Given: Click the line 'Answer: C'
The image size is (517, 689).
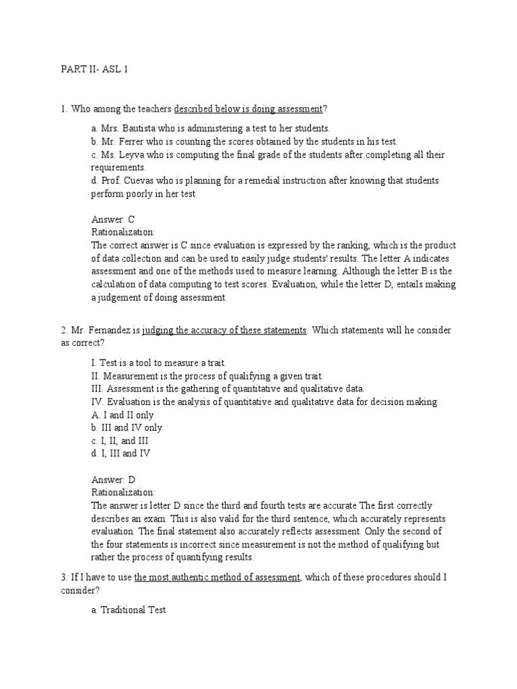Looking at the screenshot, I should point(113,219).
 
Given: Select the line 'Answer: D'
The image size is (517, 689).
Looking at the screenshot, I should point(113,480).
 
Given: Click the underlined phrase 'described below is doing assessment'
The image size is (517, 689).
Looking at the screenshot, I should point(248,109).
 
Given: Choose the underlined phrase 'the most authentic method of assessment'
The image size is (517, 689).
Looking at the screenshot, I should point(217,577).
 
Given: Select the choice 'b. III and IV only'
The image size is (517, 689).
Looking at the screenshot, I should point(127,428).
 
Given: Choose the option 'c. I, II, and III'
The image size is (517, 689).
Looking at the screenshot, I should point(120,441).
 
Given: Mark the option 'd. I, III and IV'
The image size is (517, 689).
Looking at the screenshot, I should point(120,454).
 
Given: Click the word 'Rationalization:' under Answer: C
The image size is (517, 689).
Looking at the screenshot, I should point(123,231).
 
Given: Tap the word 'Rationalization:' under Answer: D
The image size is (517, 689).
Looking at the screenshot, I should point(123,493).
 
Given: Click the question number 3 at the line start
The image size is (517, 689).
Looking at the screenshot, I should point(63,577).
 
